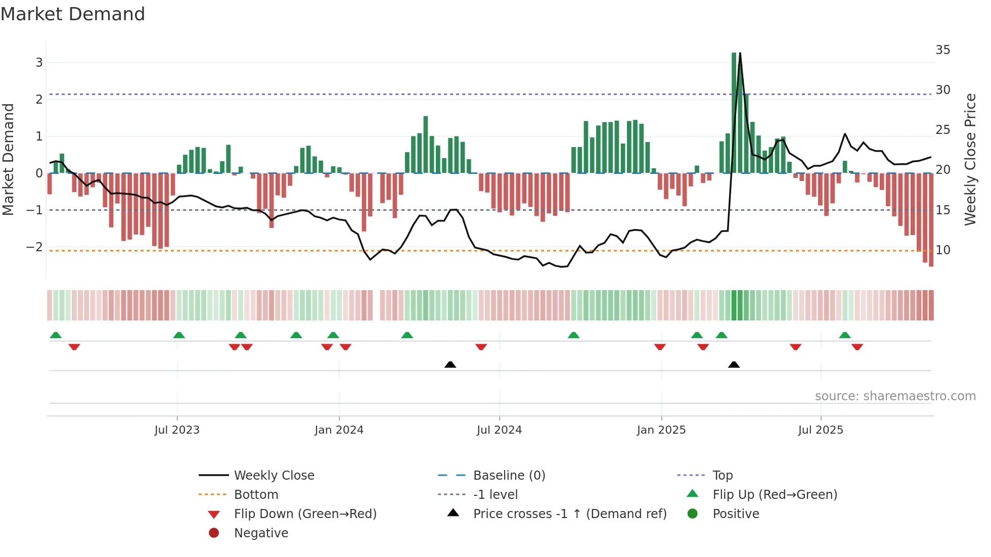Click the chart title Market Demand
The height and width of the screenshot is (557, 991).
click(x=73, y=14)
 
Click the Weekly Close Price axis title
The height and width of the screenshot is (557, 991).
click(x=970, y=159)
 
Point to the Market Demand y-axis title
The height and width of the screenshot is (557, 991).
click(x=9, y=159)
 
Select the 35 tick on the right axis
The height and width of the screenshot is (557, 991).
click(x=942, y=50)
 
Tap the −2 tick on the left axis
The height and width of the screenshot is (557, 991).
click(x=34, y=247)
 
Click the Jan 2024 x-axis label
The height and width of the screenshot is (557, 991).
click(x=339, y=430)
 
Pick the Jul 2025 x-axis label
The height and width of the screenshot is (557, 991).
click(x=821, y=430)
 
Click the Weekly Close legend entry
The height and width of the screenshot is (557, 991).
click(x=274, y=476)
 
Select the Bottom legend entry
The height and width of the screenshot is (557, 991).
click(x=256, y=495)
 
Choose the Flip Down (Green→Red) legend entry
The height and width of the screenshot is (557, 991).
click(x=305, y=514)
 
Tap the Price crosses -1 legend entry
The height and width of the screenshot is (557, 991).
click(x=569, y=514)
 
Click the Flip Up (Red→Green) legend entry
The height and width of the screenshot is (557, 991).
click(x=775, y=495)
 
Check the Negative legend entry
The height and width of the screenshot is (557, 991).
click(x=261, y=533)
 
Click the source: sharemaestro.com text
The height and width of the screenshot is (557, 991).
click(x=895, y=396)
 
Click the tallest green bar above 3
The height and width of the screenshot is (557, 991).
click(x=734, y=111)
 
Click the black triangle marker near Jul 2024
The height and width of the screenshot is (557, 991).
click(x=450, y=364)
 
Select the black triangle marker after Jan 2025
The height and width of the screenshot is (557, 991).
click(x=734, y=364)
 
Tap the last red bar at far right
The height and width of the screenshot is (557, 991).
click(x=931, y=220)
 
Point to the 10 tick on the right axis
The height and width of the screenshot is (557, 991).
click(x=942, y=250)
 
